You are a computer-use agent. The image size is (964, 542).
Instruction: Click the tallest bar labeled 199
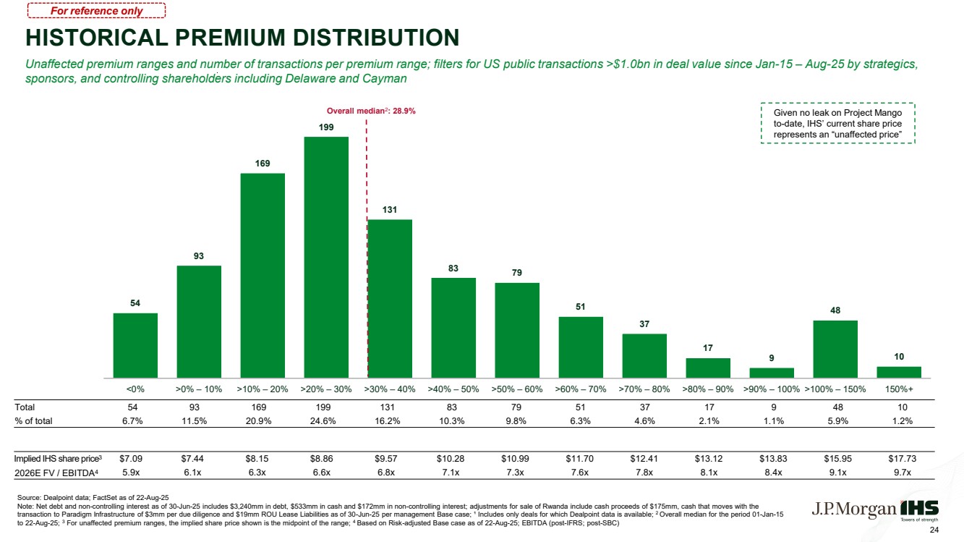point(326,258)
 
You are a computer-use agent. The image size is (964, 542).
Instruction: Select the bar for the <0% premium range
point(135,346)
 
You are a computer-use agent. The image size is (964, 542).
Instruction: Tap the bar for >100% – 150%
point(835,349)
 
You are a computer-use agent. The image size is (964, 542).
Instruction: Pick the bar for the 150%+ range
point(899,373)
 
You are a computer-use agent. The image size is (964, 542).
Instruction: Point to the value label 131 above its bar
point(390,210)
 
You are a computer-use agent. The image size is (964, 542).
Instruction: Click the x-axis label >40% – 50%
point(453,389)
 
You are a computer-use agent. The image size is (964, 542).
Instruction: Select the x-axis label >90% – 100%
point(772,389)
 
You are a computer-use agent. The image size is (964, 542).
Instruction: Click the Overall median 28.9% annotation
point(371,111)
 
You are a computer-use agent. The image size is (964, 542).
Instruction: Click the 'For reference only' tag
point(96,11)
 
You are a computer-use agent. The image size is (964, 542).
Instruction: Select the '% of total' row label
point(33,421)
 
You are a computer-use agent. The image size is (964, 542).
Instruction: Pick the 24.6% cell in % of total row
point(323,421)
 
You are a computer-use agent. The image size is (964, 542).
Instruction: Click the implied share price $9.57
point(386,459)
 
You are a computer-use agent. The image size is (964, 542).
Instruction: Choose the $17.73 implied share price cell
point(903,459)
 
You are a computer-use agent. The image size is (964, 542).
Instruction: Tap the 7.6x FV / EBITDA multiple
point(580,473)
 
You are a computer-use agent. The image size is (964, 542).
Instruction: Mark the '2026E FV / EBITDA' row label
point(56,473)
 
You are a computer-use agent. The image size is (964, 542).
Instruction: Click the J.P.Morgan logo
point(854,509)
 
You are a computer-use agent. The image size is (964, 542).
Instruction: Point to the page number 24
point(934,530)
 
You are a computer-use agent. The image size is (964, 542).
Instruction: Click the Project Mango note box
point(838,123)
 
